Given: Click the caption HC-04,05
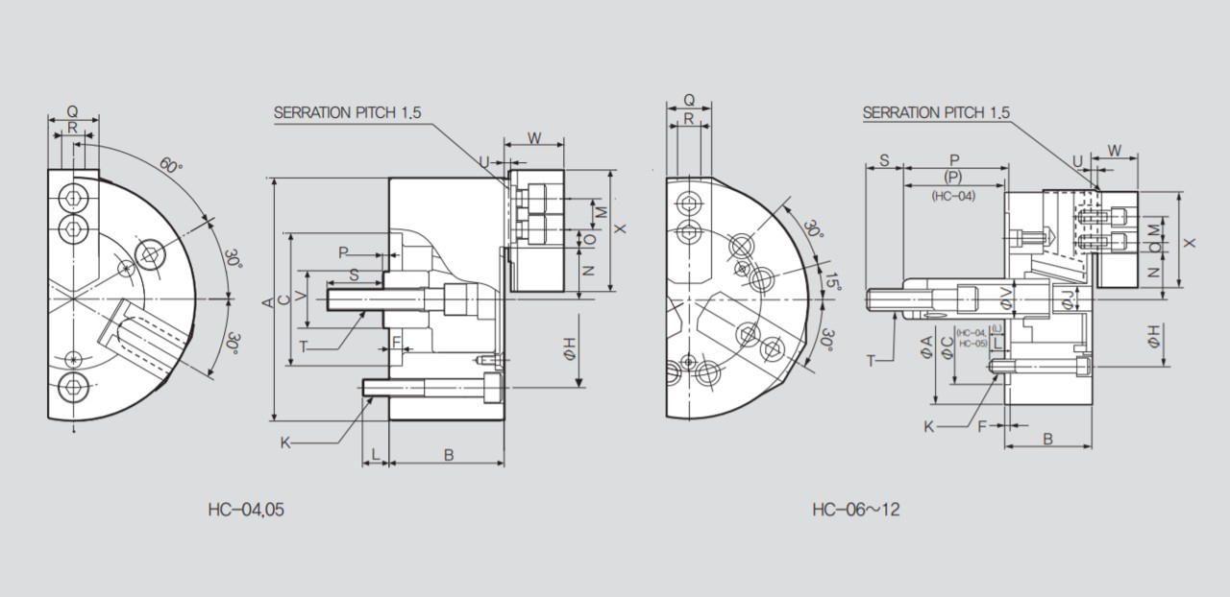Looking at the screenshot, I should (x=246, y=510).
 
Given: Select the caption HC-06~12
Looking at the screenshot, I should (x=855, y=510).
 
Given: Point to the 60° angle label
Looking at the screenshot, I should (x=169, y=165).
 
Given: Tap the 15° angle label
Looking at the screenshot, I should (x=832, y=281).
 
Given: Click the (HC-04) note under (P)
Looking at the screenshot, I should (x=952, y=196).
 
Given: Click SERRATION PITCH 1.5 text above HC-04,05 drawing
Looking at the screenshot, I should (x=348, y=112).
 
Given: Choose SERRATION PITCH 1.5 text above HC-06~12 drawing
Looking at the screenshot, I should (x=936, y=112).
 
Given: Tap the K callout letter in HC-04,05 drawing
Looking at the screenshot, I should (x=285, y=442).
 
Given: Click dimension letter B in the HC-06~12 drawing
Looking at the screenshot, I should (x=1047, y=439).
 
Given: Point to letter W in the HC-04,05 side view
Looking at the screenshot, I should (x=533, y=139).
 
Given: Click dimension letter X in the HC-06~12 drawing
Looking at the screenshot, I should (x=1190, y=243).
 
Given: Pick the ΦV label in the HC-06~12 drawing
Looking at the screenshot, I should (x=1005, y=298).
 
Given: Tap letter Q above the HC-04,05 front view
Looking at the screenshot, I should (x=72, y=111).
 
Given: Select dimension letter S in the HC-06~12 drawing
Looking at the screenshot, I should (x=884, y=160).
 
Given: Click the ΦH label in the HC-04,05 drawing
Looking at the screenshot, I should (x=569, y=351).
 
